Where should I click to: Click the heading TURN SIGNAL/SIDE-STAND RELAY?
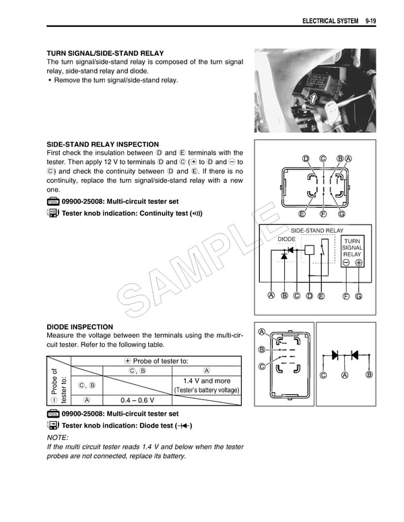[104, 53]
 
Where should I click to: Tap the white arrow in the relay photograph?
[312, 100]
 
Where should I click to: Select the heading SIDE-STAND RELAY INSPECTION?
[102, 144]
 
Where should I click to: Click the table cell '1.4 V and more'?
[207, 381]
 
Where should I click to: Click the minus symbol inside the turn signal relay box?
[345, 263]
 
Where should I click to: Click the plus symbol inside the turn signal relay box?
[359, 263]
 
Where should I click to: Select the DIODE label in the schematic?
[286, 239]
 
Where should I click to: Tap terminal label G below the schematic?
[359, 296]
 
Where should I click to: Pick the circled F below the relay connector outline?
[323, 214]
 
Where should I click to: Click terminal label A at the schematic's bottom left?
[271, 296]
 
